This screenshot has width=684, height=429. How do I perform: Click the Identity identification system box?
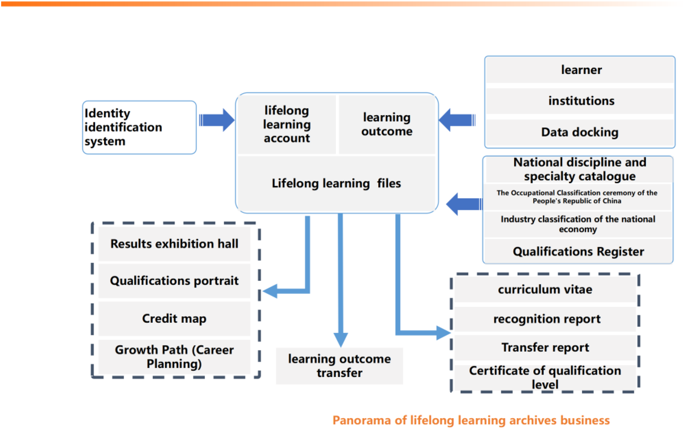(139, 127)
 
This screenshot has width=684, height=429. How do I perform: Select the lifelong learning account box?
(287, 124)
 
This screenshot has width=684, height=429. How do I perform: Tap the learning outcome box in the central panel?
(387, 124)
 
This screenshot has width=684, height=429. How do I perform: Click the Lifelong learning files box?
(336, 183)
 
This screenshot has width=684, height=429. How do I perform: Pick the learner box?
(580, 70)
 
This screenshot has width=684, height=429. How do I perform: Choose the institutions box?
(580, 101)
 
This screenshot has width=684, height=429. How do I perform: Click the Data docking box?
(580, 132)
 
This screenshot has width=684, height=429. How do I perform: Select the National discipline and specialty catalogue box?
(579, 169)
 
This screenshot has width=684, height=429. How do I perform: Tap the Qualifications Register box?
(578, 251)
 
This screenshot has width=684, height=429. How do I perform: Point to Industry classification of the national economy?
(578, 224)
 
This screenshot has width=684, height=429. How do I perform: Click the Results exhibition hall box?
(174, 244)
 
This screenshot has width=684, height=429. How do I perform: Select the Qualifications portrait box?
(174, 281)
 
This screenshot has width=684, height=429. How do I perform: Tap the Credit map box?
(174, 318)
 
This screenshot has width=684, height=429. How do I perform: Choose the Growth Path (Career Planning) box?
(174, 357)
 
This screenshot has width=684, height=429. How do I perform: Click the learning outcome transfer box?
(339, 366)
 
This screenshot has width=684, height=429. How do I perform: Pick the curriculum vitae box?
(545, 289)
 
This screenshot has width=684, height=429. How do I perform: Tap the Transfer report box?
(545, 348)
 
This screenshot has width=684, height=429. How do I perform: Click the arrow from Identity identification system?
(217, 120)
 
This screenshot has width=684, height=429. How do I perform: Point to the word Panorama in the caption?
(362, 420)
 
